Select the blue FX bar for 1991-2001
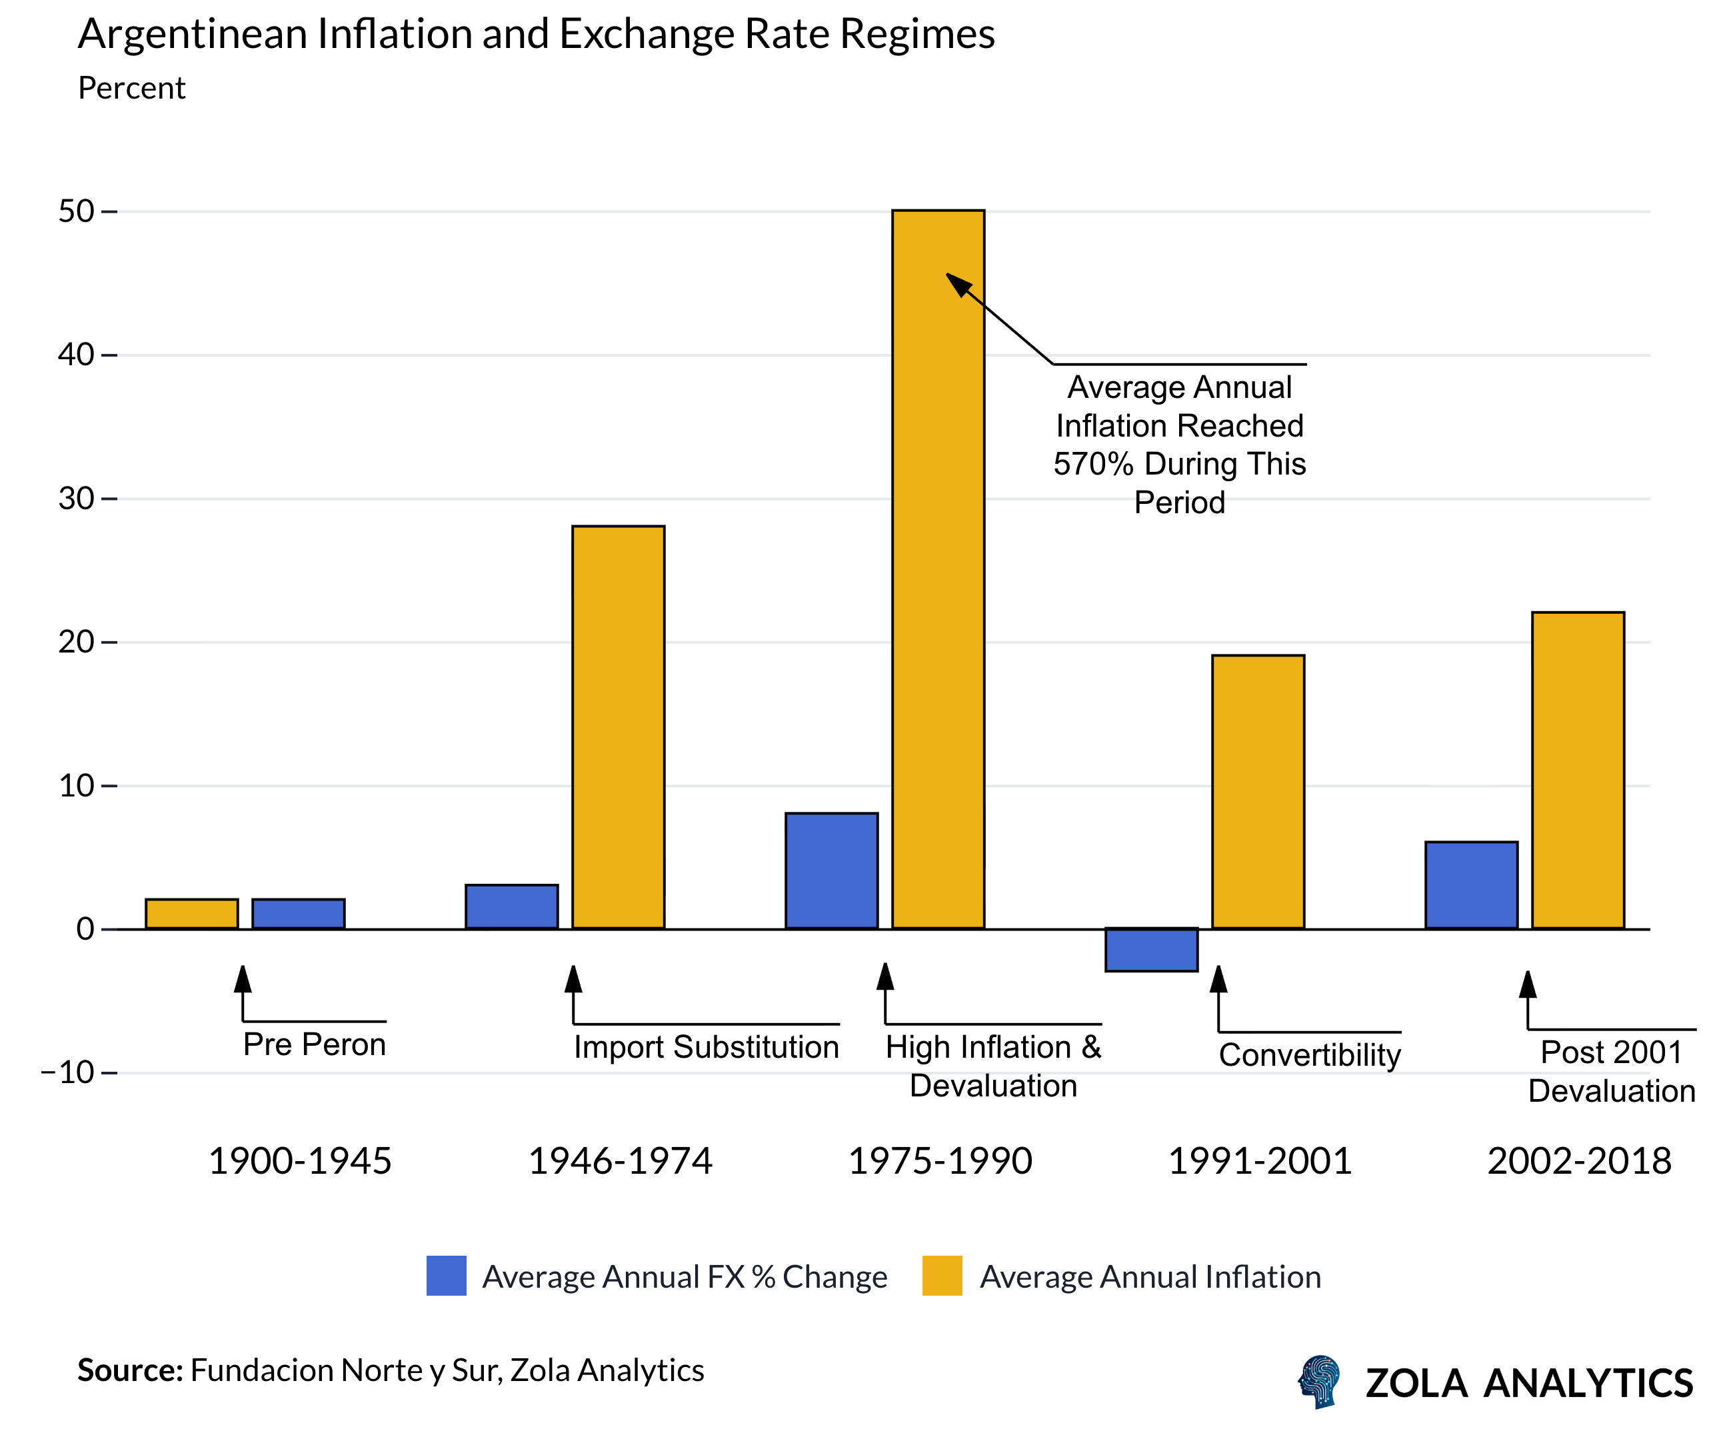[x=1151, y=949]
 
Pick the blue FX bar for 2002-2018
[x=1471, y=884]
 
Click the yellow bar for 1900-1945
[x=191, y=913]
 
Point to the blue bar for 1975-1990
[x=832, y=870]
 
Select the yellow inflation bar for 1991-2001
[x=1258, y=791]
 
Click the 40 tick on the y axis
[x=76, y=355]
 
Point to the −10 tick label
[x=68, y=1072]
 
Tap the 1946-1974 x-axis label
[x=620, y=1161]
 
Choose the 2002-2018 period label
[x=1579, y=1161]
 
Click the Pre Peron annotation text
[x=314, y=1045]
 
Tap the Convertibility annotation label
[x=1310, y=1054]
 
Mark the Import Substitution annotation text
[x=707, y=1047]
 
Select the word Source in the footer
[x=129, y=1370]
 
